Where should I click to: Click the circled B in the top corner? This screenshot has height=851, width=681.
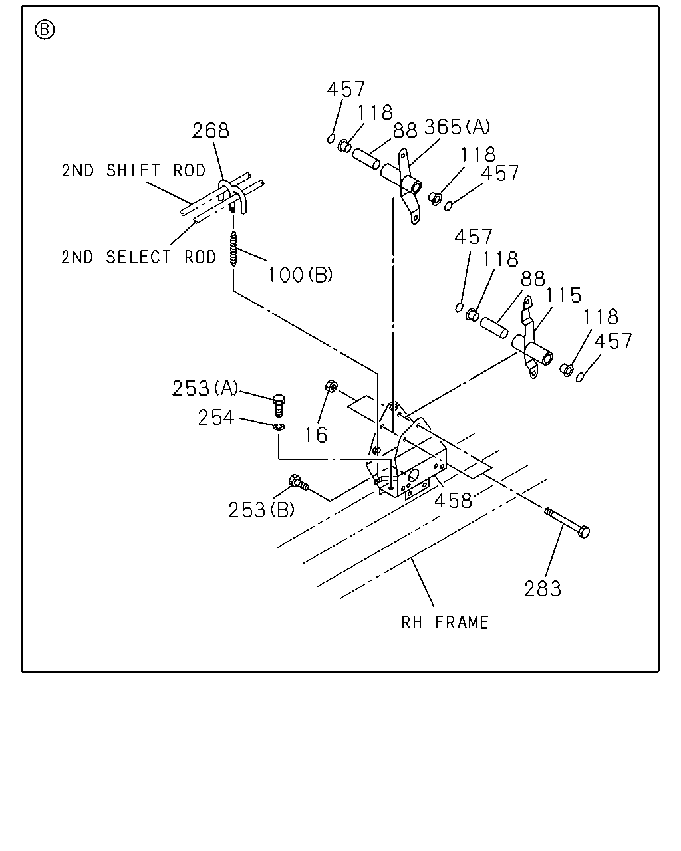(45, 30)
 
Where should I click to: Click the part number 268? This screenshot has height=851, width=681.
(211, 130)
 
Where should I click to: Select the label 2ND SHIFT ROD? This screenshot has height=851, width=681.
(134, 170)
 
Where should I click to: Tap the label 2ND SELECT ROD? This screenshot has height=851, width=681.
(139, 257)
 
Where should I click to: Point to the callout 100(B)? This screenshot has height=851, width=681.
(301, 275)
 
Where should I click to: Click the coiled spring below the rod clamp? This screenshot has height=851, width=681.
(234, 249)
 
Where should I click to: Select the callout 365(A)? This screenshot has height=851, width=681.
(457, 127)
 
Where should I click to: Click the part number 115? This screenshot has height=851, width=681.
(563, 295)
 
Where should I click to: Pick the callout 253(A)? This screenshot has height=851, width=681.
(205, 388)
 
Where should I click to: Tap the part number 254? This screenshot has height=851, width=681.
(216, 418)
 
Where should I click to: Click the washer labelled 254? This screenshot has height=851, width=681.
(279, 427)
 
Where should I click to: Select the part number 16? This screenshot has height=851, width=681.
(316, 435)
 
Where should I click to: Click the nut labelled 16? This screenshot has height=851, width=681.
(331, 386)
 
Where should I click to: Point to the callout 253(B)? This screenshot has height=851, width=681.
(261, 510)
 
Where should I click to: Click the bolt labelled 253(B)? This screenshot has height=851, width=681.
(299, 482)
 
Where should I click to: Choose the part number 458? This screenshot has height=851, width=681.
(453, 501)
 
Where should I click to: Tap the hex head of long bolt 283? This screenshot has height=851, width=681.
(583, 532)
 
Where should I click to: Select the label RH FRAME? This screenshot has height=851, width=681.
(445, 622)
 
